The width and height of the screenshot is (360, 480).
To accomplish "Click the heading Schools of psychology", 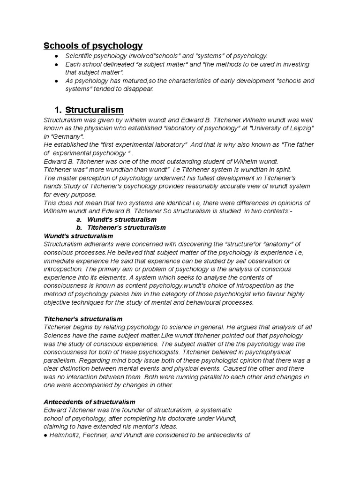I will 93,46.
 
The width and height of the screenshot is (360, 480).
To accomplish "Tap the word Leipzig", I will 298,128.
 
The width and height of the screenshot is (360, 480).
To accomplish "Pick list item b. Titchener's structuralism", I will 127,227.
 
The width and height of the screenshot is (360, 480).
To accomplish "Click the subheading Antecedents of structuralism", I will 89,402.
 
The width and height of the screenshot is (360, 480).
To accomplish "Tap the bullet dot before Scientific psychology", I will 56,56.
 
